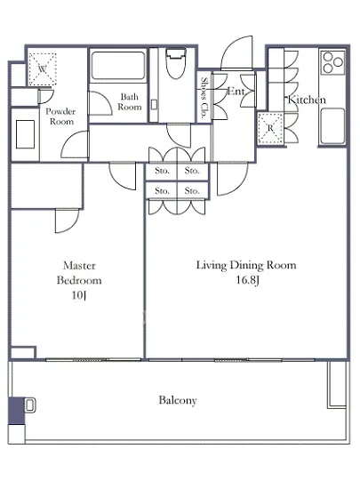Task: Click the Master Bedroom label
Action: pyautogui.click(x=79, y=273)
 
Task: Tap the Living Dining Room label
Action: pyautogui.click(x=246, y=265)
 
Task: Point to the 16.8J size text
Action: pyautogui.click(x=247, y=280)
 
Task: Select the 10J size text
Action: pyautogui.click(x=79, y=295)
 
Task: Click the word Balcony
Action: pyautogui.click(x=178, y=400)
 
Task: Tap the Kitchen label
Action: pyautogui.click(x=307, y=100)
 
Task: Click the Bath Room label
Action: pyautogui.click(x=130, y=101)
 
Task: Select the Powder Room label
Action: pyautogui.click(x=60, y=116)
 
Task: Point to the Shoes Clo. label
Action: pyautogui.click(x=204, y=98)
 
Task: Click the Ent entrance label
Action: pyautogui.click(x=236, y=91)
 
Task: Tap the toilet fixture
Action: pyautogui.click(x=176, y=63)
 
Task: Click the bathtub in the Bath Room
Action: pyautogui.click(x=118, y=65)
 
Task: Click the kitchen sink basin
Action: pyautogui.click(x=333, y=126)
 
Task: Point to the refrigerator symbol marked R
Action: pyautogui.click(x=270, y=128)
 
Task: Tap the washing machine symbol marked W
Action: pyautogui.click(x=43, y=69)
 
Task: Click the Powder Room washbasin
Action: pyautogui.click(x=25, y=134)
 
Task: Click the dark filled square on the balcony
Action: pyautogui.click(x=16, y=411)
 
